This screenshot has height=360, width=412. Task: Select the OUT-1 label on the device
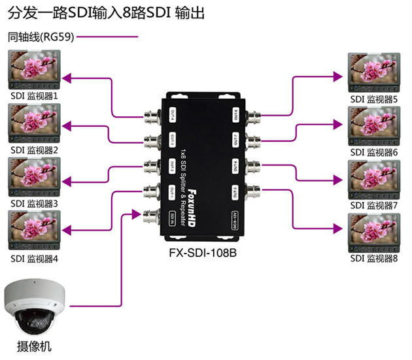point(173,191)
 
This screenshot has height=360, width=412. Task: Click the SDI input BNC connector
point(150,215)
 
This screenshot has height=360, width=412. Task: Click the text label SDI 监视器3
point(35,204)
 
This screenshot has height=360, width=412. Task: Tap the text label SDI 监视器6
point(374,152)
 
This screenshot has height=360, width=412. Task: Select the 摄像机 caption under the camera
point(35,346)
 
